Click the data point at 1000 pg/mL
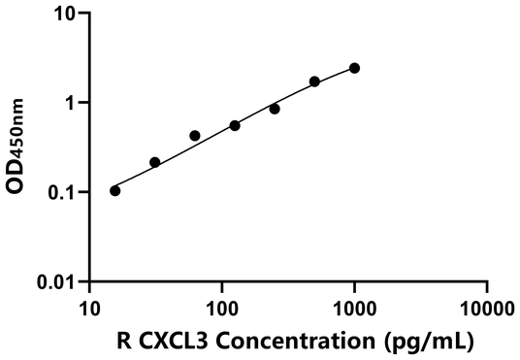pos(354,68)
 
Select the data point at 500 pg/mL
pos(314,82)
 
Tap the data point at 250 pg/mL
pos(275,109)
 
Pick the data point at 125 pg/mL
pos(235,125)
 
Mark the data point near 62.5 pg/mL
pos(195,136)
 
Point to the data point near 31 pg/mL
pos(155,162)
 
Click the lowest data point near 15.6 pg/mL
pos(115,190)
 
